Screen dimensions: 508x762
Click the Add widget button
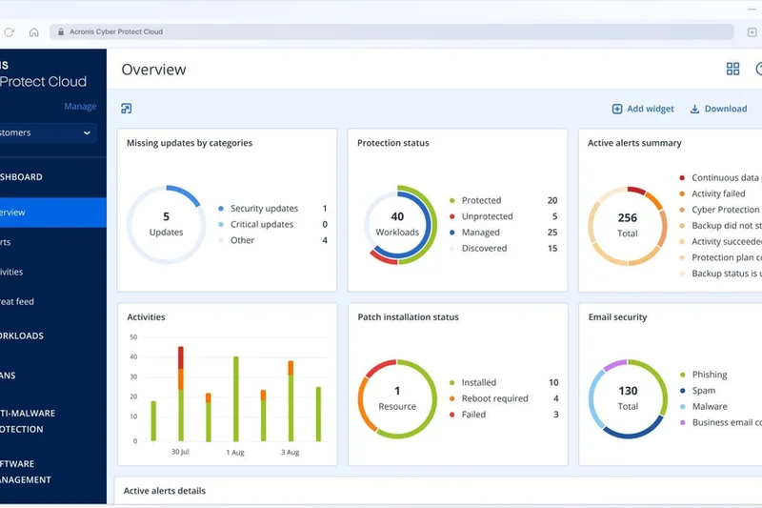pos(643,109)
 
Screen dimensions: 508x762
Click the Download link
pos(718,109)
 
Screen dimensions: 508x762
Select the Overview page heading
pos(154,70)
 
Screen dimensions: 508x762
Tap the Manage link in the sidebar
pos(80,107)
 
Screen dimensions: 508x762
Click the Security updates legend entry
pos(264,209)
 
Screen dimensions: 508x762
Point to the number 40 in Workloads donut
pos(397,216)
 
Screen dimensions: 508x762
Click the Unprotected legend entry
pos(487,216)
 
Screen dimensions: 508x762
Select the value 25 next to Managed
pos(552,233)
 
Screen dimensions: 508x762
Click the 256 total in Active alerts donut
pos(627,218)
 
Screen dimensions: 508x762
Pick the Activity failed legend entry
pos(718,193)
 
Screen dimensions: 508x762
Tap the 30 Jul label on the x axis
pos(181,452)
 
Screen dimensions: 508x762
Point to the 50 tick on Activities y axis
pos(132,337)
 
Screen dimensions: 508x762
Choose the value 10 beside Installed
pos(553,382)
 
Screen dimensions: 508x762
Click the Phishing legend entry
pos(709,375)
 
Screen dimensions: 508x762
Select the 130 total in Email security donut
pos(628,391)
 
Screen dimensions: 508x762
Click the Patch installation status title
pos(408,317)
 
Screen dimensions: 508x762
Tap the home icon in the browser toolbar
pos(33,31)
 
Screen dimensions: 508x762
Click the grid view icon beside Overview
pos(732,70)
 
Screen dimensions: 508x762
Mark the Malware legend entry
pos(710,407)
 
